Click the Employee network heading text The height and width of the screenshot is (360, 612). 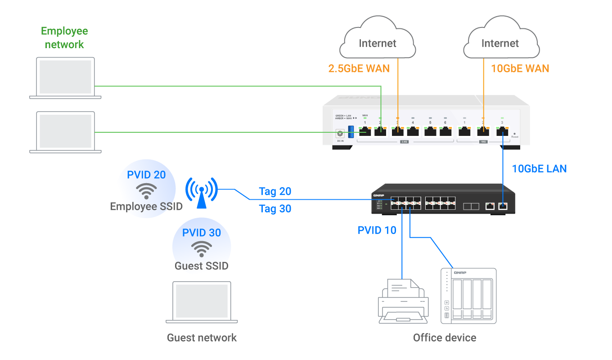[64, 38]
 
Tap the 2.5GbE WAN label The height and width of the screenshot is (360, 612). [359, 68]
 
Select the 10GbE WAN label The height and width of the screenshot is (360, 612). [520, 68]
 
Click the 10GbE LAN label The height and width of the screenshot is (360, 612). [540, 169]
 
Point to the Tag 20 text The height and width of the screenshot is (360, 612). [275, 192]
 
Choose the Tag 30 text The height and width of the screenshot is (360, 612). [275, 209]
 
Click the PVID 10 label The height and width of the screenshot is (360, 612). [377, 230]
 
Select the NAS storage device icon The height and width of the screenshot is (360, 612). [468, 296]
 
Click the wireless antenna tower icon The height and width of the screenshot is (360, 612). [202, 193]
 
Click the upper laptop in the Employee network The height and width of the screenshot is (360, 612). [65, 78]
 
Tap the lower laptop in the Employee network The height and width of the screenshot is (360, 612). [65, 132]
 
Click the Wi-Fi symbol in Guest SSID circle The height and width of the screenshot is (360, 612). [202, 248]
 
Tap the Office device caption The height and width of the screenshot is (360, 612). [444, 337]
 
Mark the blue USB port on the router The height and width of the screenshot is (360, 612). [351, 132]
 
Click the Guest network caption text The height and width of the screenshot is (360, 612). [202, 337]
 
